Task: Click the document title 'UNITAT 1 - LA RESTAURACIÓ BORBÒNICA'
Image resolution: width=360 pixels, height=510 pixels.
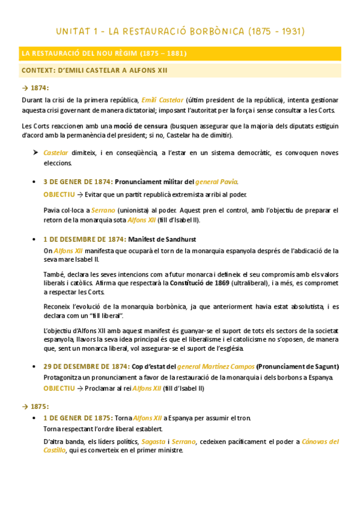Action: click(x=180, y=30)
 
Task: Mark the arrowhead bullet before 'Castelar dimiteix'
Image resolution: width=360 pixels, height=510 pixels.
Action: click(x=35, y=153)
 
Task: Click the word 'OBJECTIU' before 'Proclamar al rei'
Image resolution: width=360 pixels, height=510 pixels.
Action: click(x=59, y=388)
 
